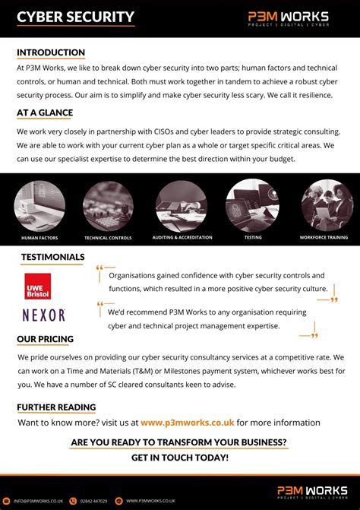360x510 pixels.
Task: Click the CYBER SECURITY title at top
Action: [x=75, y=17]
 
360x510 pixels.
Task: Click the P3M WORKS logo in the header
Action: [x=288, y=17]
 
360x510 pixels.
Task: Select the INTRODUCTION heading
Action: [x=51, y=52]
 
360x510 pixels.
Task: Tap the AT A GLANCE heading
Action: [x=45, y=113]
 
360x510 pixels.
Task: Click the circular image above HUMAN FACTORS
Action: [x=39, y=204]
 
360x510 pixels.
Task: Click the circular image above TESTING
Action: [x=252, y=204]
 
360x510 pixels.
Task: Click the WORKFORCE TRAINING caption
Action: [x=324, y=238]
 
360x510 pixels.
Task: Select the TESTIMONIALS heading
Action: [x=52, y=257]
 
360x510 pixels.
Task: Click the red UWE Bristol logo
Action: [x=38, y=286]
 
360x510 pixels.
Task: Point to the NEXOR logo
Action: [x=44, y=315]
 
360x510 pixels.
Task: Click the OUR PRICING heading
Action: [x=46, y=338]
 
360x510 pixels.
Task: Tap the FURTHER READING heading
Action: [x=56, y=407]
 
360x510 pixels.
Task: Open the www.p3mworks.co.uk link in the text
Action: [x=188, y=423]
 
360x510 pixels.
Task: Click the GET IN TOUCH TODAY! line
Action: [x=179, y=458]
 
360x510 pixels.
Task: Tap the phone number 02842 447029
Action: [x=93, y=501]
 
